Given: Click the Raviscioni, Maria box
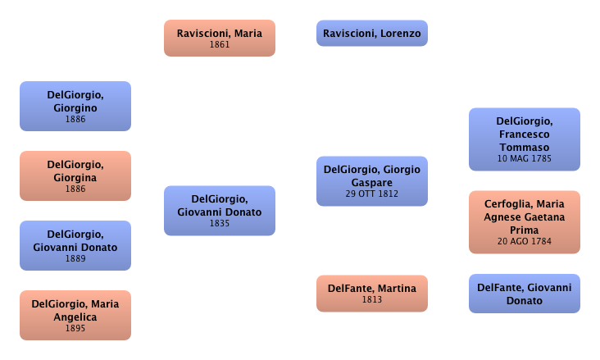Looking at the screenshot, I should pyautogui.click(x=220, y=38).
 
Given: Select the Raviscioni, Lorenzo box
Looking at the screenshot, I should pyautogui.click(x=372, y=34).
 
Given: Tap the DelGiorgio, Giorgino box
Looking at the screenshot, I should pyautogui.click(x=75, y=107).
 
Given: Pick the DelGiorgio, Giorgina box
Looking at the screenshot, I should pyautogui.click(x=75, y=176).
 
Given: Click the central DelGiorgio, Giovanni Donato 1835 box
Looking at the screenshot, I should pyautogui.click(x=220, y=211).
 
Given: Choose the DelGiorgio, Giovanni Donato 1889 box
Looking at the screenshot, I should pyautogui.click(x=75, y=246).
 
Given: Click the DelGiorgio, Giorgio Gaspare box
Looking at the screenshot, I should pyautogui.click(x=372, y=180).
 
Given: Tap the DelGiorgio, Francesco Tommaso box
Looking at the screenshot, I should pyautogui.click(x=525, y=139).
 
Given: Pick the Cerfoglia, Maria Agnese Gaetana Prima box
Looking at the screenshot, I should pyautogui.click(x=525, y=222).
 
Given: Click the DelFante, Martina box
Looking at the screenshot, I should pyautogui.click(x=372, y=293).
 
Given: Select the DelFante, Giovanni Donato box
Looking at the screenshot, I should pyautogui.click(x=525, y=294).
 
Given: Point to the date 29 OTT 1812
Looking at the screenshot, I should pyautogui.click(x=372, y=194).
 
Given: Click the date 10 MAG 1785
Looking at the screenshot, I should pyautogui.click(x=525, y=159).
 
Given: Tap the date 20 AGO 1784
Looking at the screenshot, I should pyautogui.click(x=525, y=242).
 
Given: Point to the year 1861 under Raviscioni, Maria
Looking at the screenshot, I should pyautogui.click(x=220, y=44).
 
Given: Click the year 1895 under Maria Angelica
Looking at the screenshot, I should pyautogui.click(x=75, y=328).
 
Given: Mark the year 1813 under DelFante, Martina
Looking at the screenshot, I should pyautogui.click(x=372, y=300).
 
